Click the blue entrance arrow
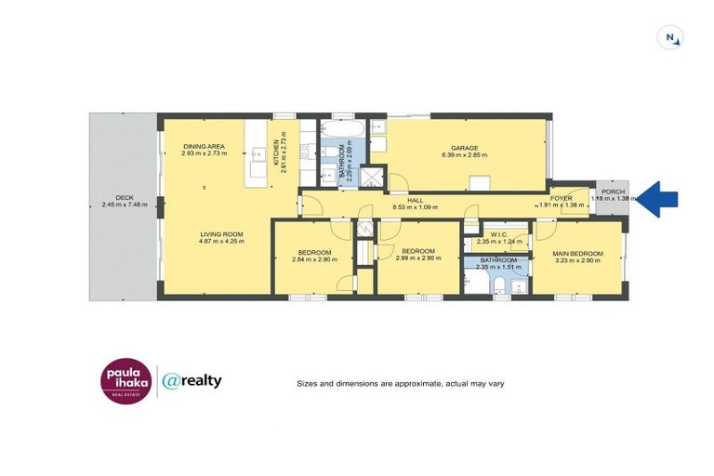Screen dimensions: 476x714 point(659,198)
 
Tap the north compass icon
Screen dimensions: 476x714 point(668,38)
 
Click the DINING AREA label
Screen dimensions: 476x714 point(204,147)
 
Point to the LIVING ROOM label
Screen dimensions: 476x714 point(220,234)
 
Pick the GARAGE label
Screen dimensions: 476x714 point(465,148)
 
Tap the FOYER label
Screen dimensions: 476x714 point(562,198)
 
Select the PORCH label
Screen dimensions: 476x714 point(613,192)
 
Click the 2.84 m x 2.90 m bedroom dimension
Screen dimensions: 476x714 point(313,259)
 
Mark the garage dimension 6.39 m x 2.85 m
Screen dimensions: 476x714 point(464,155)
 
